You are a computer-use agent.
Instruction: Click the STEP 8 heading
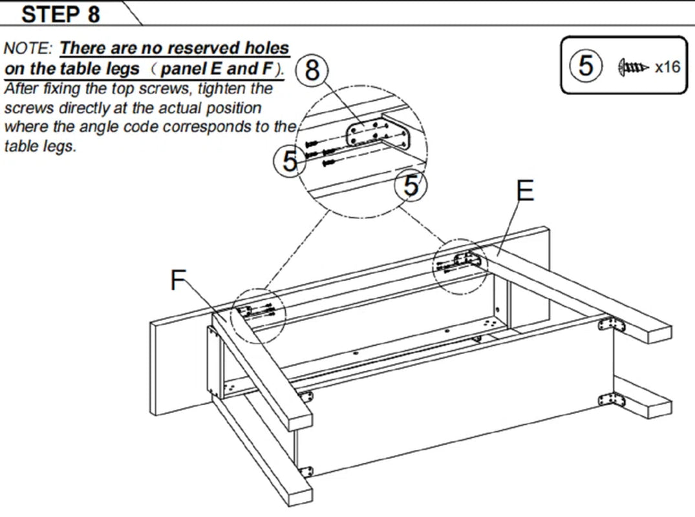61,14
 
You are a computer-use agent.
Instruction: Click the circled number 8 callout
312,70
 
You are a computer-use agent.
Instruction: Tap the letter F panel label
179,280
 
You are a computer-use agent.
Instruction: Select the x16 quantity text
667,67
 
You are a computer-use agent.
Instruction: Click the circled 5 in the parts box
586,66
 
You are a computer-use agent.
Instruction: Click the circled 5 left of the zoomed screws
290,161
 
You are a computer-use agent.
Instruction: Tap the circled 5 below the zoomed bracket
411,186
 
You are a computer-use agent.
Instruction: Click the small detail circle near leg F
257,314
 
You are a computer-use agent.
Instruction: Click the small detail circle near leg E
460,266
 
